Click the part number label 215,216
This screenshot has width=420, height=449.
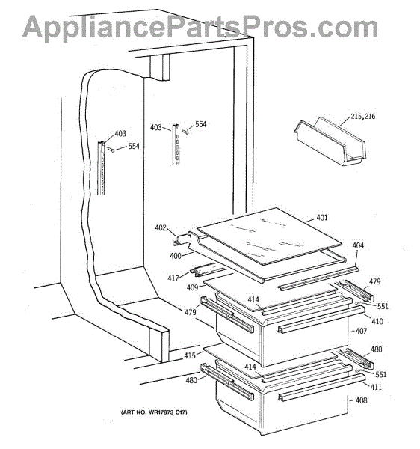click(x=362, y=117)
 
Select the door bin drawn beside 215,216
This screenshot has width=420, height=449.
click(x=330, y=141)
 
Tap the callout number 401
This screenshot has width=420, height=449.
click(x=322, y=218)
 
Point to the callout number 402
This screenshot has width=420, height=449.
click(x=161, y=227)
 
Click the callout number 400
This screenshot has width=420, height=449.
click(x=176, y=256)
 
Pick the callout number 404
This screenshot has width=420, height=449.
click(x=358, y=245)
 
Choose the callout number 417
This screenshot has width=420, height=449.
click(x=173, y=278)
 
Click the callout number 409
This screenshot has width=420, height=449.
click(x=192, y=287)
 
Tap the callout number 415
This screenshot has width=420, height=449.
click(x=190, y=355)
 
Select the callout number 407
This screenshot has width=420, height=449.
click(x=361, y=331)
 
